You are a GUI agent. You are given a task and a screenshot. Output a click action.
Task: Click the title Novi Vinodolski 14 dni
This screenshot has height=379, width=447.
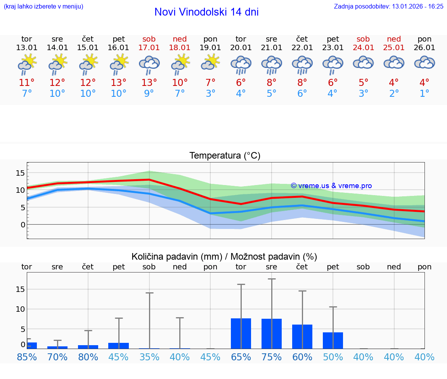pyautogui.click(x=206, y=12)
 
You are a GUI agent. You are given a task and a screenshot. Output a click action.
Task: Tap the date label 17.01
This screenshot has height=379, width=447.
pyautogui.click(x=149, y=48)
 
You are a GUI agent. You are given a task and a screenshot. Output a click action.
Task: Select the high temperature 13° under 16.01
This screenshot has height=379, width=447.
pyautogui.click(x=118, y=83)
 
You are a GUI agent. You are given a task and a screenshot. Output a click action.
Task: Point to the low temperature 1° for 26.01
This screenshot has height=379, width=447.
pyautogui.click(x=424, y=94)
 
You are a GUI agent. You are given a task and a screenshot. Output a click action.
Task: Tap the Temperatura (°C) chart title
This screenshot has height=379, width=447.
pyautogui.click(x=225, y=156)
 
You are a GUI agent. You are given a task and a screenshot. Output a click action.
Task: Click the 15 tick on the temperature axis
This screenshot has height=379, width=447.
pyautogui.click(x=21, y=173)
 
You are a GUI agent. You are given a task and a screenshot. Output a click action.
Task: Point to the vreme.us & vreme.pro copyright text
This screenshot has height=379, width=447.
pyautogui.click(x=331, y=186)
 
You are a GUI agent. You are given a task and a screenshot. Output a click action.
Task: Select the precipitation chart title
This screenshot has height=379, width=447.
pyautogui.click(x=224, y=257)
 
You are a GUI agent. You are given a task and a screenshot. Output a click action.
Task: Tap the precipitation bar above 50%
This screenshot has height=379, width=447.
pyautogui.click(x=333, y=341)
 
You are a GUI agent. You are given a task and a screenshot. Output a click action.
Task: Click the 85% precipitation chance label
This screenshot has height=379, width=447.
pyautogui.click(x=27, y=357)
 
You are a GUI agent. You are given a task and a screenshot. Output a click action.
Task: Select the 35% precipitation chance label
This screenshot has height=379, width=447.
pyautogui.click(x=149, y=357)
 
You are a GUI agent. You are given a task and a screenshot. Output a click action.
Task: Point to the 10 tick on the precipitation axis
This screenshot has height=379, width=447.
pyautogui.click(x=21, y=309)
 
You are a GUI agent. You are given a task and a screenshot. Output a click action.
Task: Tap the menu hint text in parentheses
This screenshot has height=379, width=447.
pyautogui.click(x=43, y=6)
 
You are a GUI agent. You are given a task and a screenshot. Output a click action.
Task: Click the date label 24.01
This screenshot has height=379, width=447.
pyautogui.click(x=363, y=48)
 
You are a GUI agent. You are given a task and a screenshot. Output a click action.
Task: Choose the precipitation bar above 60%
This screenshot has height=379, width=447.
pyautogui.click(x=302, y=337)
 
